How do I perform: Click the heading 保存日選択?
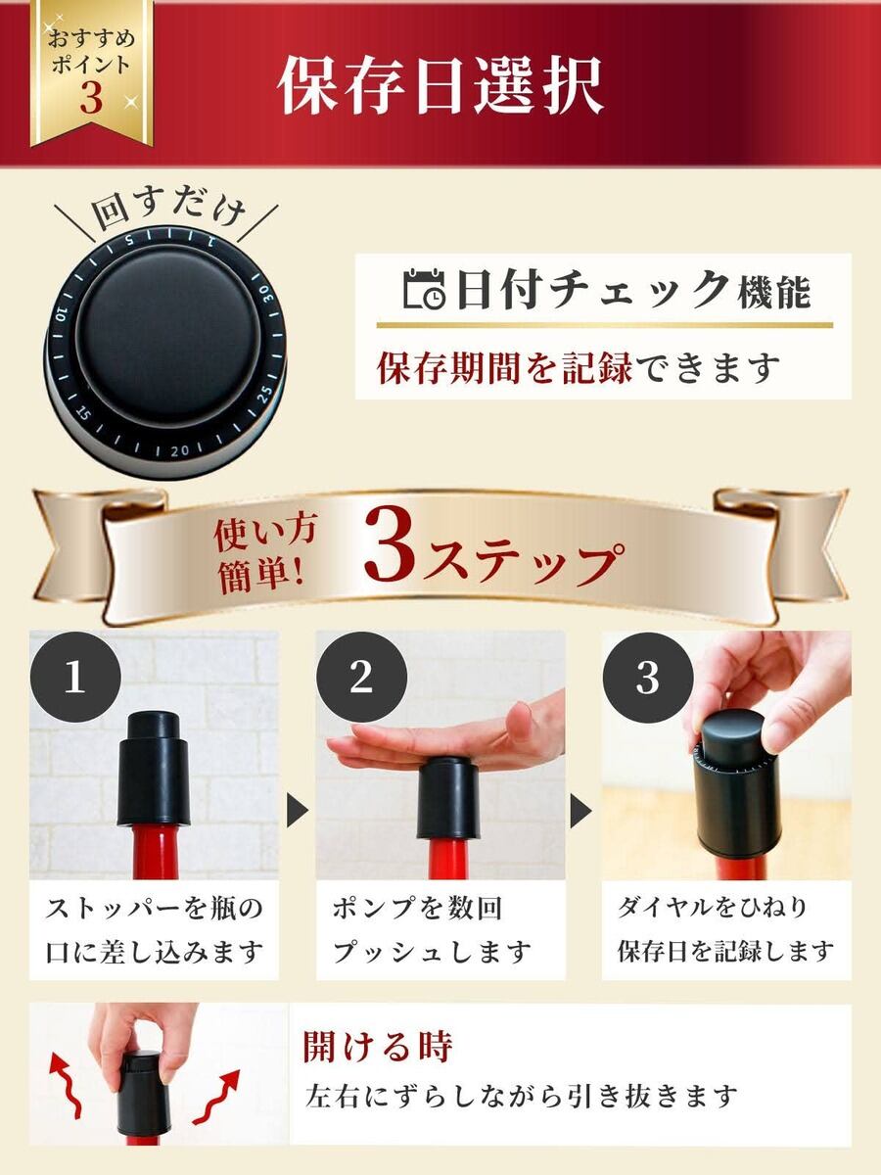(442, 85)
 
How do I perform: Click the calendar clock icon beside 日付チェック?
(424, 289)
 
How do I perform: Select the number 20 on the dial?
(180, 450)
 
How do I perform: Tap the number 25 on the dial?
(264, 395)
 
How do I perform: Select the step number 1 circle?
(75, 677)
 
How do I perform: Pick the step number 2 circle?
(361, 677)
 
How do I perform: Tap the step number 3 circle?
(648, 677)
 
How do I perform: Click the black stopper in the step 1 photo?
(154, 769)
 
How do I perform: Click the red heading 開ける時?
(378, 1048)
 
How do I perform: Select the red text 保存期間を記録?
(505, 369)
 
